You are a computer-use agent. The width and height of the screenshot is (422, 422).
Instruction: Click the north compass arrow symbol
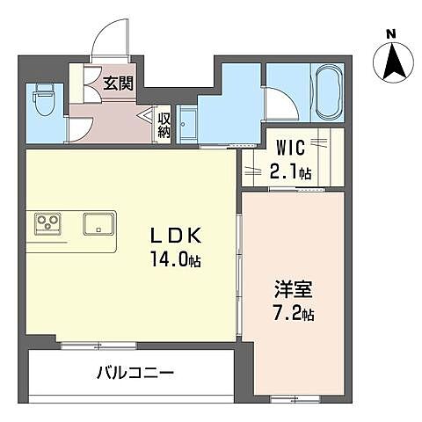pos(390,61)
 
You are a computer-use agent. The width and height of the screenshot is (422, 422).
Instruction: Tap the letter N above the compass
pos(390,34)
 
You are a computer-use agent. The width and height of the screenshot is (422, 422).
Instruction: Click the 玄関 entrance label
pos(117,84)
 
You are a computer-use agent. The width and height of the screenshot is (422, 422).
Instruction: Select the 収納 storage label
pos(164,120)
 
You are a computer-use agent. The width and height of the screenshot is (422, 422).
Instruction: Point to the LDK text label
pos(179,236)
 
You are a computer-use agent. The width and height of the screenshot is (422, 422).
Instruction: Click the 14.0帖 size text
pos(179,259)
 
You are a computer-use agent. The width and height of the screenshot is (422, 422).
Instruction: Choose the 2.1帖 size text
pos(290,171)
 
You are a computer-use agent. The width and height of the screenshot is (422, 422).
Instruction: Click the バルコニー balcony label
pos(135,372)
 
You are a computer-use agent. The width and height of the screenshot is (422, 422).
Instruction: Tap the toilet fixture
pos(41,103)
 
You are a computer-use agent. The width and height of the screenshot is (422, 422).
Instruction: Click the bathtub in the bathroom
pos(327,91)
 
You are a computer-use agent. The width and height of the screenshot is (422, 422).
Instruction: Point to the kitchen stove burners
pos(47,222)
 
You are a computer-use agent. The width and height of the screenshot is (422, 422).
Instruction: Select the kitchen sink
pos(99,222)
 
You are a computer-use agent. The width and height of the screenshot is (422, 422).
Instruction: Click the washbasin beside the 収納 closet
pos(186,122)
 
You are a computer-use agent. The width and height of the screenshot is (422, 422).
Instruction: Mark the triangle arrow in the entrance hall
pos(146,116)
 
